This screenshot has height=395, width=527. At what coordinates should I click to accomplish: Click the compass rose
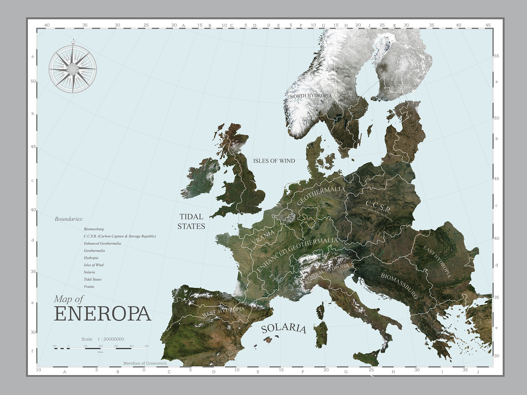(73, 69)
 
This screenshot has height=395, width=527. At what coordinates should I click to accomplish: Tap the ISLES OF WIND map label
(274, 161)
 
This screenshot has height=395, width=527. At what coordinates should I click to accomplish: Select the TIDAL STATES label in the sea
(191, 221)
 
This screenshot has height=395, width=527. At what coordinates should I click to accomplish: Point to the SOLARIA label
(284, 328)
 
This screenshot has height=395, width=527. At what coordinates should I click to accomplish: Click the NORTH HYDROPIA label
(311, 96)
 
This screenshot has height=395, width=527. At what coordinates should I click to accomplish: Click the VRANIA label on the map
(263, 237)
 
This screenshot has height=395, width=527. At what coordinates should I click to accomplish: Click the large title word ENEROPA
(103, 314)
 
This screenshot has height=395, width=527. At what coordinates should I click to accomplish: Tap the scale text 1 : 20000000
(111, 339)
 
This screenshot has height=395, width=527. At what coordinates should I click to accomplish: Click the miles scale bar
(100, 348)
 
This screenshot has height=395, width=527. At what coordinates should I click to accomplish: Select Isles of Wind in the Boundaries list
(94, 265)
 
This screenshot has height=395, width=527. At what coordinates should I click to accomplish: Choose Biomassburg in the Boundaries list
(94, 229)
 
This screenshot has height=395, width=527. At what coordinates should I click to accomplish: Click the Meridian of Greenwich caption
(145, 363)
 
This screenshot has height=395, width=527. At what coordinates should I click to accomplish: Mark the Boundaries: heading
(69, 219)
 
